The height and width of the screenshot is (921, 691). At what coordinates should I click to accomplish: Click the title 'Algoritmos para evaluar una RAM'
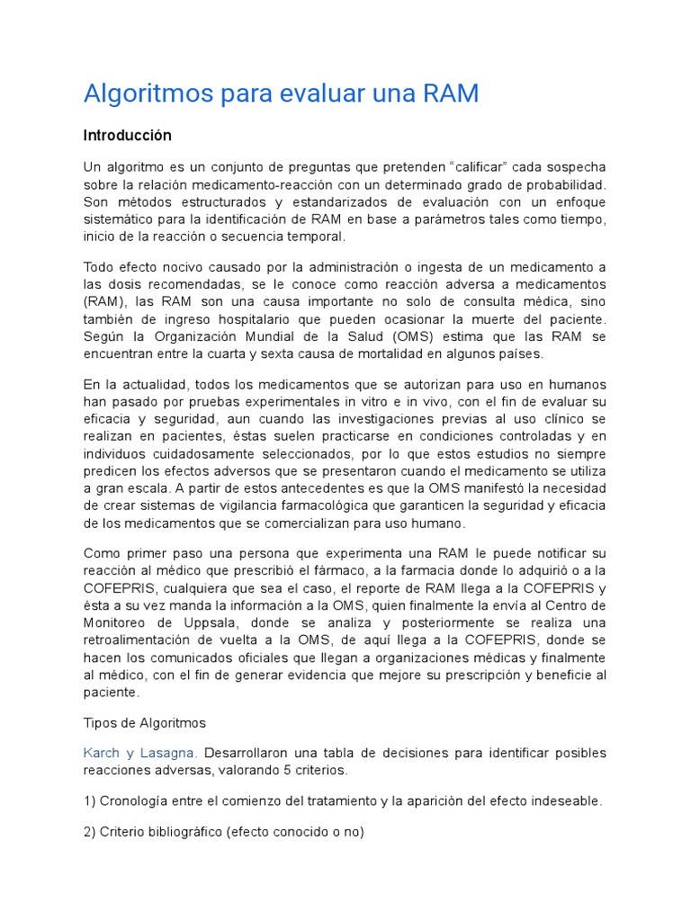[x=281, y=94]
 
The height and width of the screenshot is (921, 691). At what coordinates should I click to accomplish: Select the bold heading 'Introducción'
[x=127, y=136]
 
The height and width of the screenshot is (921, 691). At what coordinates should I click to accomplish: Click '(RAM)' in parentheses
[x=106, y=300]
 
